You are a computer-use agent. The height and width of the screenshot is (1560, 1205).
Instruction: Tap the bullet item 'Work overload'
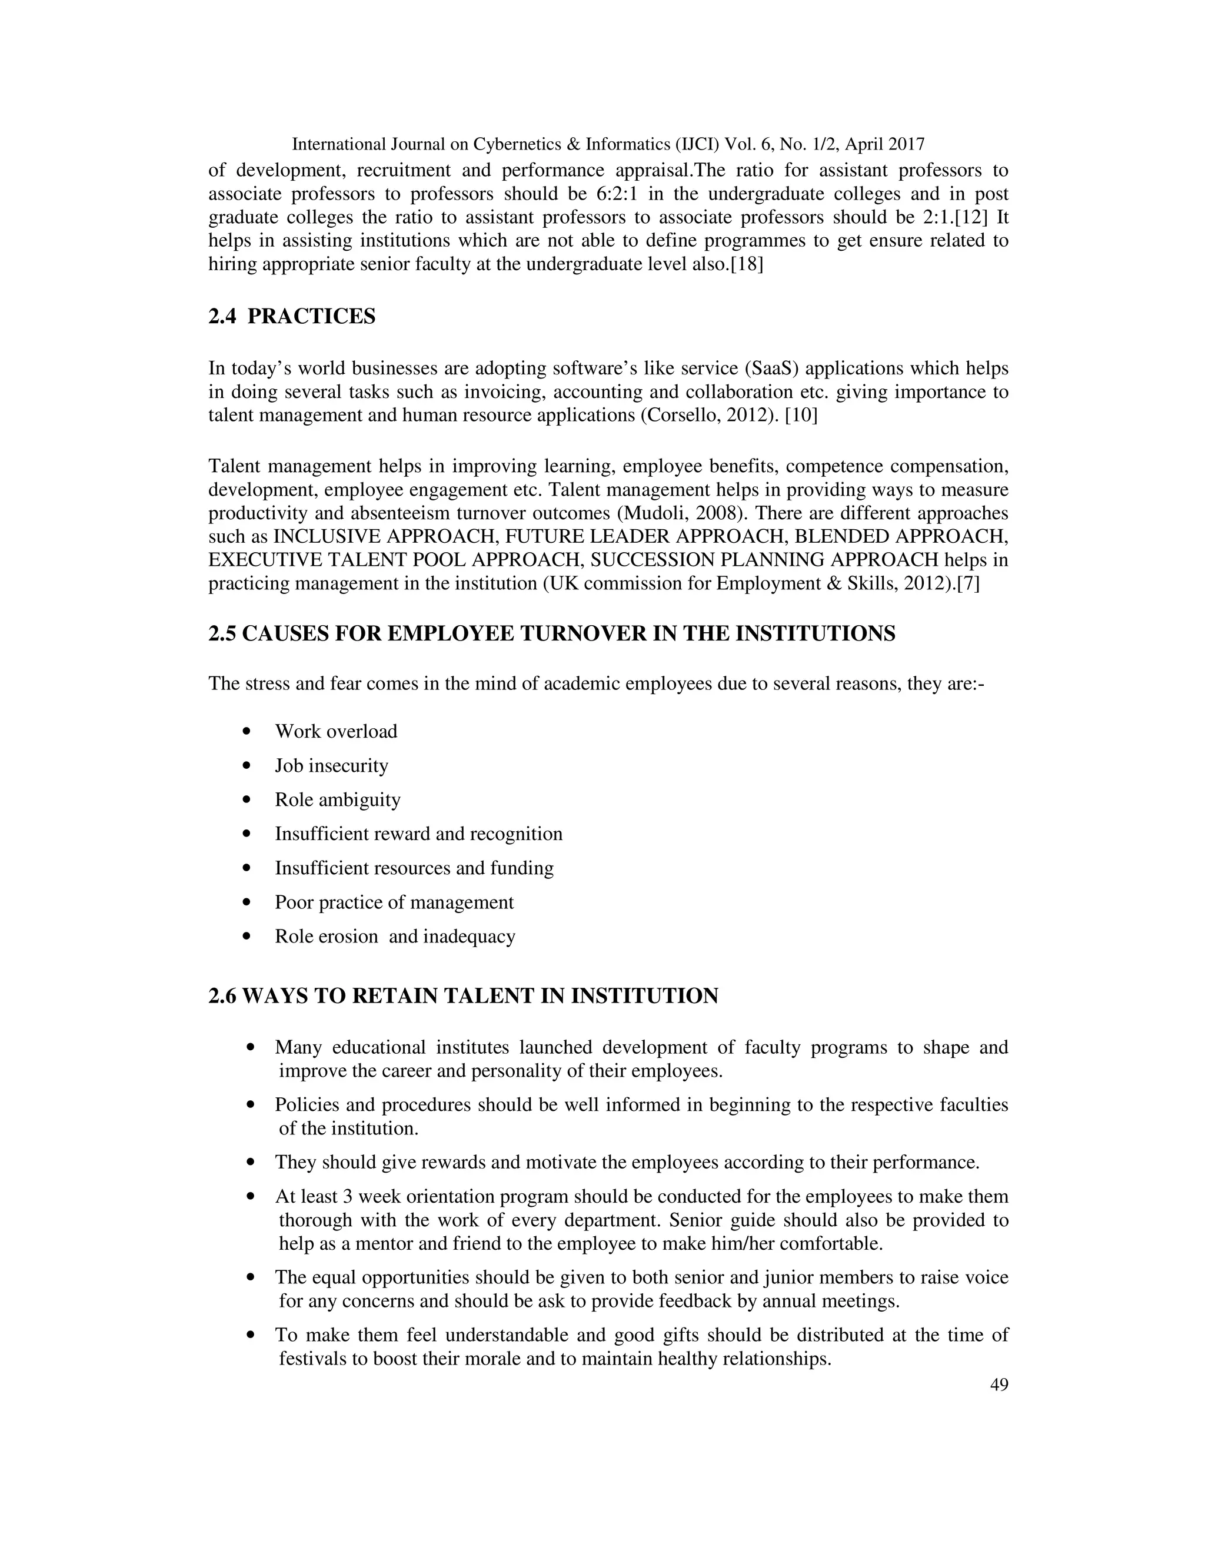click(335, 731)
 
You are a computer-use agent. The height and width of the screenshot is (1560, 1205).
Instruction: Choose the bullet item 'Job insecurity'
click(331, 766)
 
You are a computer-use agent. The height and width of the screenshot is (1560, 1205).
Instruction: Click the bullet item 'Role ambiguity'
click(337, 799)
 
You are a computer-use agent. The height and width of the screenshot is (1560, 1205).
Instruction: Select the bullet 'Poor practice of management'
click(394, 902)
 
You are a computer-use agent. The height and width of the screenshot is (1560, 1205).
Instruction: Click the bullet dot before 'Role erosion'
click(247, 937)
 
